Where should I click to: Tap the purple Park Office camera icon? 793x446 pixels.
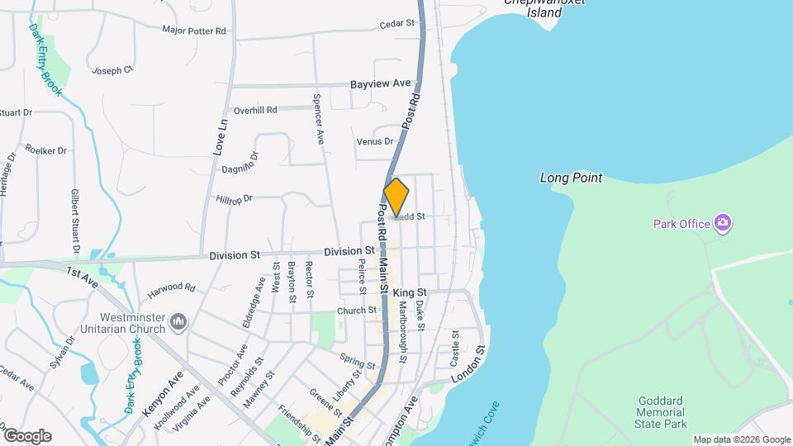(723, 223)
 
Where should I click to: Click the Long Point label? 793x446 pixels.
(571, 178)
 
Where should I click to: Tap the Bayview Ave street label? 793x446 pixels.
(380, 83)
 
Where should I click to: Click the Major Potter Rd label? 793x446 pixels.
(194, 31)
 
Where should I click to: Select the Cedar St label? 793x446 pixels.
(396, 24)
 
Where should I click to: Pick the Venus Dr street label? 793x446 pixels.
(375, 142)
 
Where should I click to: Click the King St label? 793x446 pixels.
(410, 293)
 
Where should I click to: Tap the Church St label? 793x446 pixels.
(357, 311)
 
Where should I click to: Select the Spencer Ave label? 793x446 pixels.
(317, 120)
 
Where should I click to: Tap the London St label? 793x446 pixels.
(466, 368)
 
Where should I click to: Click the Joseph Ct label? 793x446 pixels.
(112, 71)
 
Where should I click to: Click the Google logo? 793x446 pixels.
(26, 435)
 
